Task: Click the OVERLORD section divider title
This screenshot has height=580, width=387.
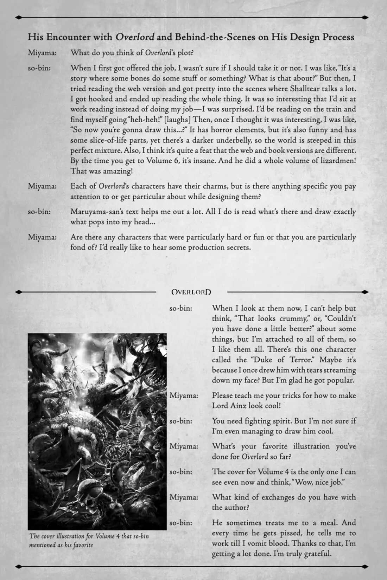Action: click(191, 292)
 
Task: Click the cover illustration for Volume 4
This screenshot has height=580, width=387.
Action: click(97, 431)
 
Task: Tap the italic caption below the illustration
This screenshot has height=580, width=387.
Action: click(89, 541)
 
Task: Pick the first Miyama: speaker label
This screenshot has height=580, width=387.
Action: click(42, 53)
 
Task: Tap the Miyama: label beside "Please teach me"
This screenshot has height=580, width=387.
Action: click(184, 395)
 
